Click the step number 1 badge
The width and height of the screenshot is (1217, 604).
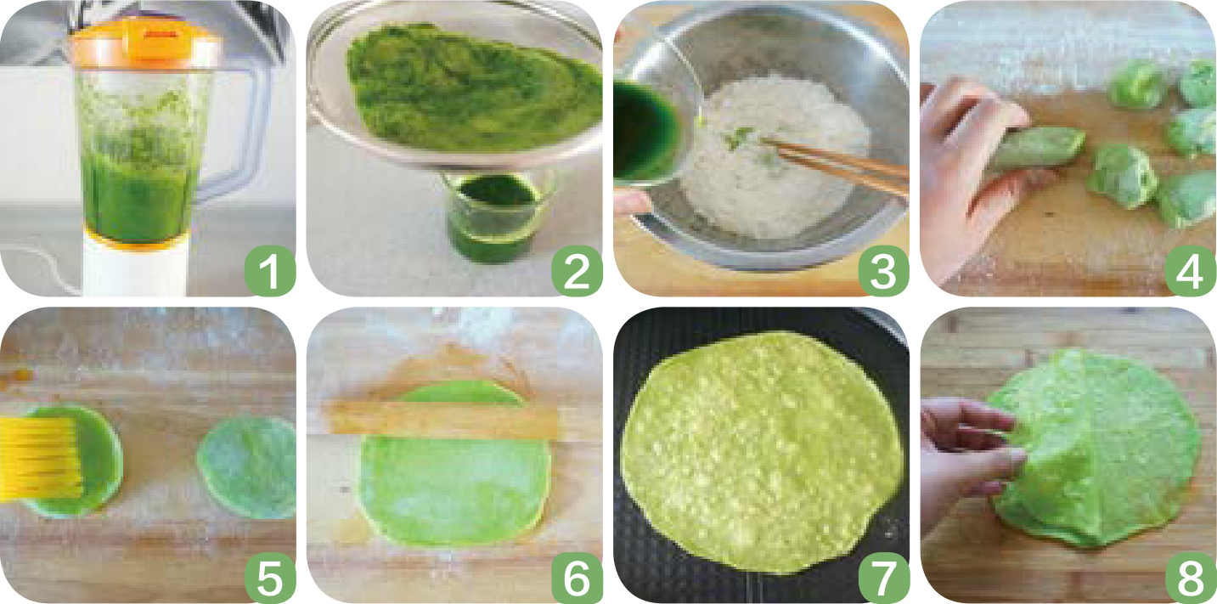pos(270,271)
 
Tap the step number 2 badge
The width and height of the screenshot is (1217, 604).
pos(577,271)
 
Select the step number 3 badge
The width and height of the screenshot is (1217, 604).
pos(883,271)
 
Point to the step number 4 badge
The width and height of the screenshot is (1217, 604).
pos(1191,271)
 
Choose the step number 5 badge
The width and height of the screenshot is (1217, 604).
pos(270,578)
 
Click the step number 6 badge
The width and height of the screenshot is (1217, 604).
pos(577,578)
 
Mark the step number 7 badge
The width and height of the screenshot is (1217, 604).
pos(883,578)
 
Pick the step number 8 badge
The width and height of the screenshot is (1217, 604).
pos(1191,578)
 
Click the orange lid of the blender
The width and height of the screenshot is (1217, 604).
pos(145,46)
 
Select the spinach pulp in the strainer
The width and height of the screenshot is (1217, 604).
pos(473,87)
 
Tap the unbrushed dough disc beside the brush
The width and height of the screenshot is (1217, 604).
pos(247,467)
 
